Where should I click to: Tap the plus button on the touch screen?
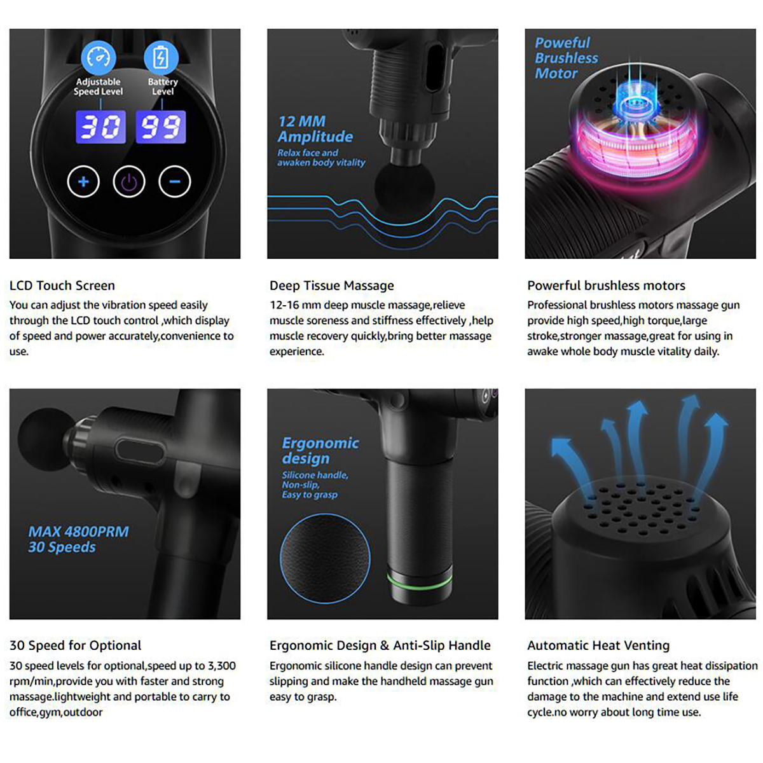(x=83, y=182)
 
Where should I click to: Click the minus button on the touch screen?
(x=175, y=182)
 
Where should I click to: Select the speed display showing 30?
(x=100, y=127)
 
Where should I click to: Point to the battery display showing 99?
(x=160, y=127)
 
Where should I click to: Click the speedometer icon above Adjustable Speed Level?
(x=98, y=58)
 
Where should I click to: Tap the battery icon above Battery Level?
(x=161, y=58)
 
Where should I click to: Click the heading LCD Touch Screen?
(x=62, y=285)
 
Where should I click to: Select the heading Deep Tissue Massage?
(x=332, y=285)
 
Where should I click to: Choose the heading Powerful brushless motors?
(x=606, y=285)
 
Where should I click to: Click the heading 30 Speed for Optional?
(x=75, y=645)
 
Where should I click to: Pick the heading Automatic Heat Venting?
(x=598, y=645)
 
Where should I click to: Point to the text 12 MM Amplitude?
(x=315, y=128)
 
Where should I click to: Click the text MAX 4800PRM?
(x=78, y=532)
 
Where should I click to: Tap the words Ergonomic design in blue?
(x=320, y=451)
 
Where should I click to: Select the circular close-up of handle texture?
(x=325, y=558)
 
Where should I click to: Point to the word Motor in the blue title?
(x=556, y=74)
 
